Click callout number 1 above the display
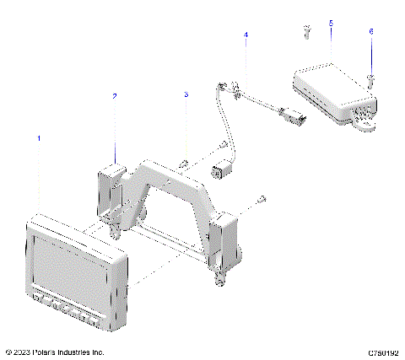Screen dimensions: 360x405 tap(38, 137)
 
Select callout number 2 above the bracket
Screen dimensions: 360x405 tap(116, 96)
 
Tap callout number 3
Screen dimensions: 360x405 tap(186, 96)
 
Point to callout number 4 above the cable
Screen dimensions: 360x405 tap(246, 35)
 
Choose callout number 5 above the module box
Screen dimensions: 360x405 tap(331, 24)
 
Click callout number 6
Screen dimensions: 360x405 tap(370, 31)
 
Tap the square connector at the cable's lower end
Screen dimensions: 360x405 tap(222, 169)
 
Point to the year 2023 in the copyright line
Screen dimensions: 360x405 tap(23, 352)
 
